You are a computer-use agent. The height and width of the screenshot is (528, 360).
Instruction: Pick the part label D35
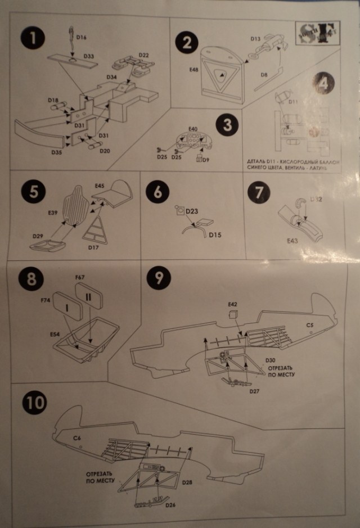57,152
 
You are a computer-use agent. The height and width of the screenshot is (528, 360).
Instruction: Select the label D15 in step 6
215,235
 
